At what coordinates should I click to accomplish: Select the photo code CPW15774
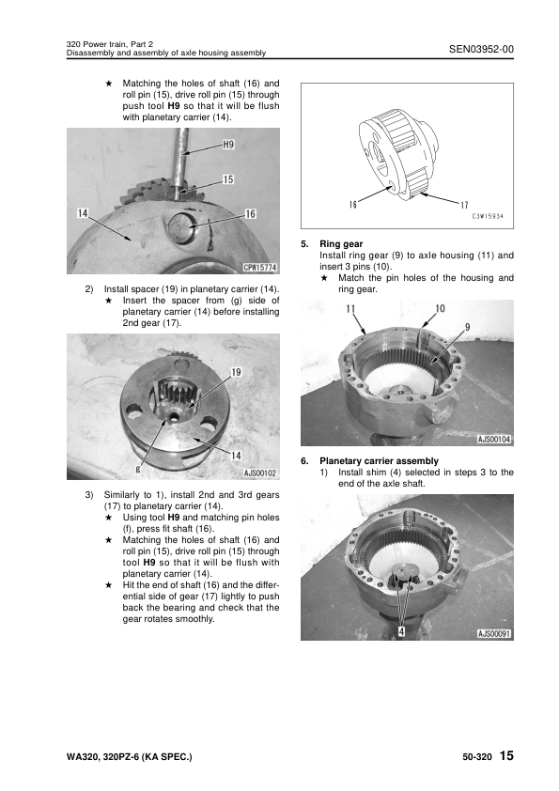tap(257, 268)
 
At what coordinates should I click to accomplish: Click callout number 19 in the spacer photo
tap(236, 372)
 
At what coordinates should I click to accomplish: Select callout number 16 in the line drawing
tap(352, 204)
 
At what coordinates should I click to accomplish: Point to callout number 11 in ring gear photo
tap(350, 308)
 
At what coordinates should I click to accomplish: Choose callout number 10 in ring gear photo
tap(440, 308)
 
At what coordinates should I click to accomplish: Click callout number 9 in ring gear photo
tap(466, 326)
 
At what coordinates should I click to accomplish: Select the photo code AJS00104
tap(493, 439)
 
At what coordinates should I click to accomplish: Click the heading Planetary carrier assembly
tap(379, 460)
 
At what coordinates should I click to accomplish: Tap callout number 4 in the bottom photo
tap(401, 631)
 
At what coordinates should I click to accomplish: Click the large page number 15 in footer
tap(506, 756)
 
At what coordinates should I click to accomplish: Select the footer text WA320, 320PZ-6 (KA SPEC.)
tap(123, 757)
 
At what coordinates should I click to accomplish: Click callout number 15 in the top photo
tap(228, 178)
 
